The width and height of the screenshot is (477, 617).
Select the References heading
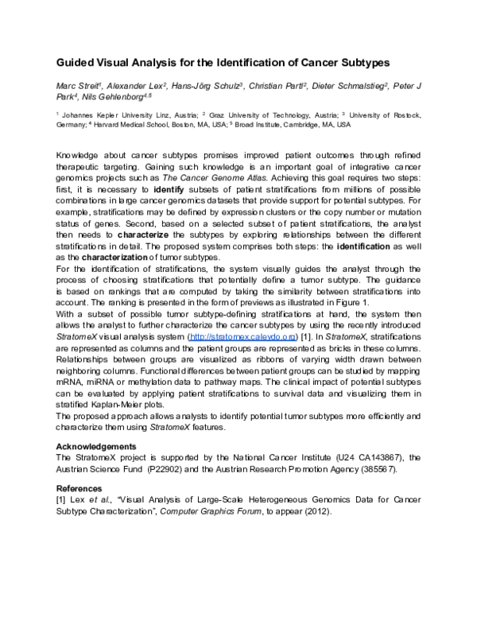(x=81, y=488)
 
